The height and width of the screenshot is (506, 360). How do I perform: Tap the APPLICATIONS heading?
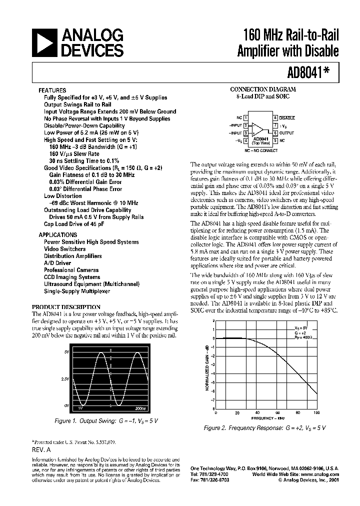(56, 234)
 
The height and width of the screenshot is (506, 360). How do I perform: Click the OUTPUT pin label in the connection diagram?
(287, 133)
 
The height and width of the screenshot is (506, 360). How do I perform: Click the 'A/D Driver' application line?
(57, 263)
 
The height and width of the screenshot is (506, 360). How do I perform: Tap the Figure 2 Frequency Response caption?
(264, 428)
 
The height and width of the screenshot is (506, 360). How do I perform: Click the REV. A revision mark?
(42, 450)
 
